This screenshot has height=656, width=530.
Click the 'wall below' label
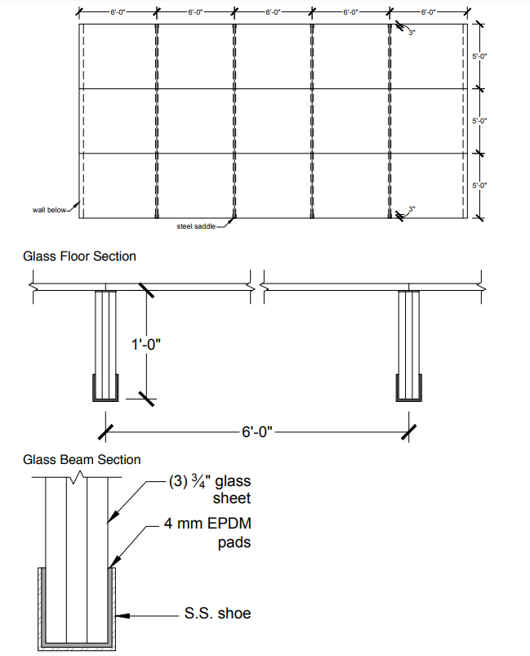49,210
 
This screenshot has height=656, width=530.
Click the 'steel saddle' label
195,226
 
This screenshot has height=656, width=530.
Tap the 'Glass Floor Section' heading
79,256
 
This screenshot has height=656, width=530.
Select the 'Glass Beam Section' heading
82,460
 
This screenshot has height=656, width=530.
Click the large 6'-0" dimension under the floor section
260,431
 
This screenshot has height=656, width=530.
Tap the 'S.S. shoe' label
216,612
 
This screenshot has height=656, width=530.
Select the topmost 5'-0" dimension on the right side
479,56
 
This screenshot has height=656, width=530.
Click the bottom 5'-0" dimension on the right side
479,185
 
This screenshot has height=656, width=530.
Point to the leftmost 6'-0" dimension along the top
117,13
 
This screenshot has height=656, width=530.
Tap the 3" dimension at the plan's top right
412,32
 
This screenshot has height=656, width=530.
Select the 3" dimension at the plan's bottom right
412,209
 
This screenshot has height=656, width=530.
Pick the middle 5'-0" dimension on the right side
479,120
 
